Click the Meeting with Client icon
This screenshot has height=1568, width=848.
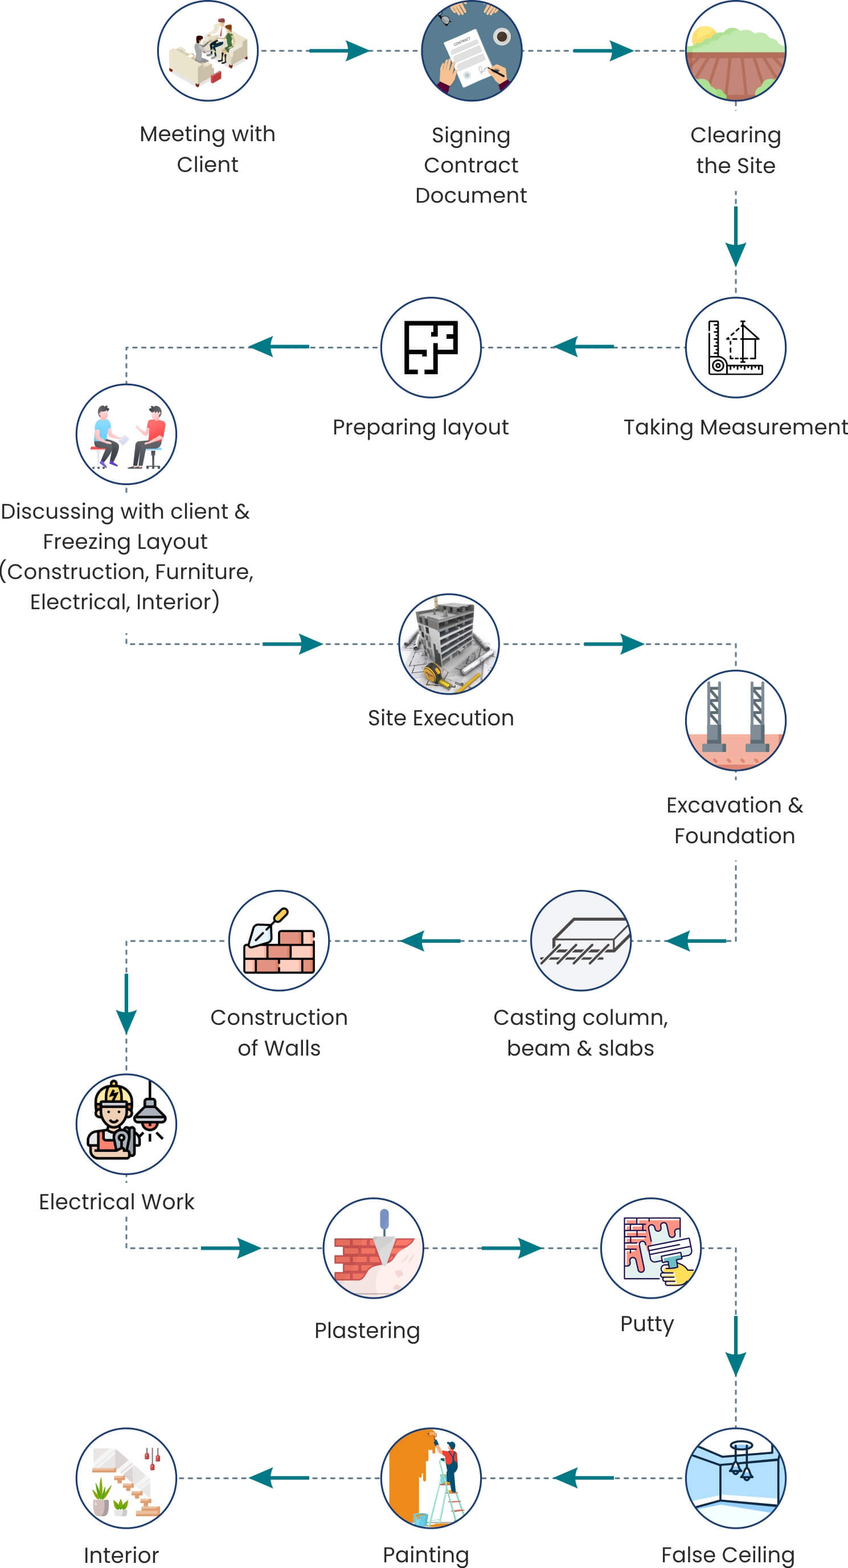point(208,51)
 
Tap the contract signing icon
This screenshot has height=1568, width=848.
point(472,51)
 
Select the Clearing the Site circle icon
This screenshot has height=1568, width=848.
point(735,51)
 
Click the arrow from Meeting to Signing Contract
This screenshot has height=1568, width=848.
point(339,51)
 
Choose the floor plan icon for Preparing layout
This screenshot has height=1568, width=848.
point(431,347)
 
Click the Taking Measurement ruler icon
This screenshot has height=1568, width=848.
point(735,347)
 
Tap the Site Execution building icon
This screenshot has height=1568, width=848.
point(449,644)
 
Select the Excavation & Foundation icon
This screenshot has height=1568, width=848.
point(735,721)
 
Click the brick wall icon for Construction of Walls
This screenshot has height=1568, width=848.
point(279,941)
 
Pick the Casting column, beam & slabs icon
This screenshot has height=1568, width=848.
point(581,941)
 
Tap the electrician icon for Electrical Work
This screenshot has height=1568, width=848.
point(126,1124)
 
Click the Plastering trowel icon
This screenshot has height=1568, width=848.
point(373,1249)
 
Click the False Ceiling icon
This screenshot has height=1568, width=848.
point(735,1478)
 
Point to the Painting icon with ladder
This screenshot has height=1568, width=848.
point(431,1478)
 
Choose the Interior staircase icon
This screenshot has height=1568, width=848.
point(126,1478)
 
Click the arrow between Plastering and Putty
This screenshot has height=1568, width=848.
point(511,1248)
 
